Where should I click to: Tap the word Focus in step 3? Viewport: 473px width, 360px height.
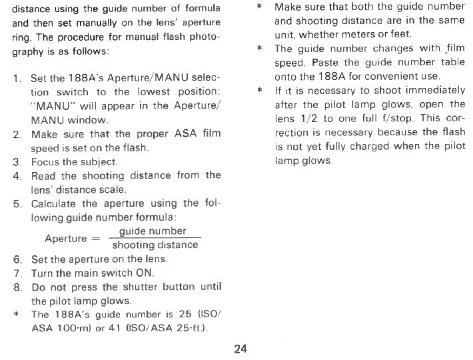[47, 162]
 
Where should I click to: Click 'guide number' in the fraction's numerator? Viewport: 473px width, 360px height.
[152, 231]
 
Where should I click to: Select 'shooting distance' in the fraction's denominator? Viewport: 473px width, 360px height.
[155, 245]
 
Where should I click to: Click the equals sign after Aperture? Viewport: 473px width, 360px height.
[96, 238]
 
